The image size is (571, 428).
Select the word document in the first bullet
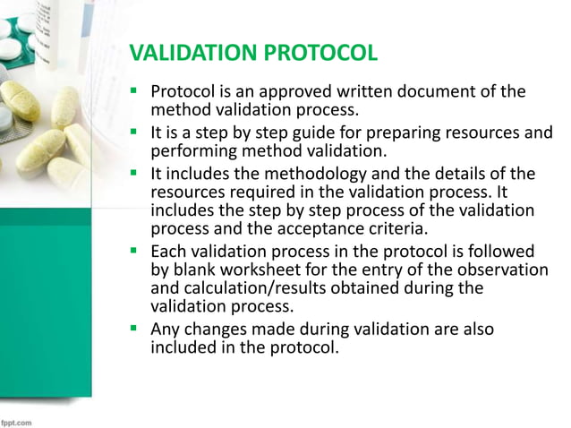[x=445, y=91]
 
